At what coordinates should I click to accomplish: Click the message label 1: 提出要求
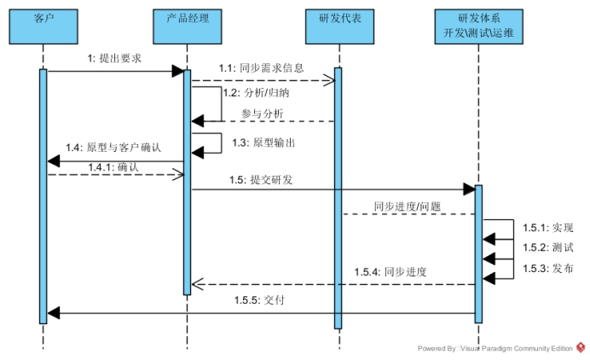114,59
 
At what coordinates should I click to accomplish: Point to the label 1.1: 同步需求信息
261,67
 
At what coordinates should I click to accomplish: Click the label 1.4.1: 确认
113,166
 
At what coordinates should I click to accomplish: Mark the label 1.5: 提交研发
262,180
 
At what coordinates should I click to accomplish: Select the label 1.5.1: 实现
547,228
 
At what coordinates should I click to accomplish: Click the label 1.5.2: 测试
547,247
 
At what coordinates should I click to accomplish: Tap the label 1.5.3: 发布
547,267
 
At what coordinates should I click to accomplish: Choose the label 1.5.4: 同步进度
391,272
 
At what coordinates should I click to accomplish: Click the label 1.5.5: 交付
258,300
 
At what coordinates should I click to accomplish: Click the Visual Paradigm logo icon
581,348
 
